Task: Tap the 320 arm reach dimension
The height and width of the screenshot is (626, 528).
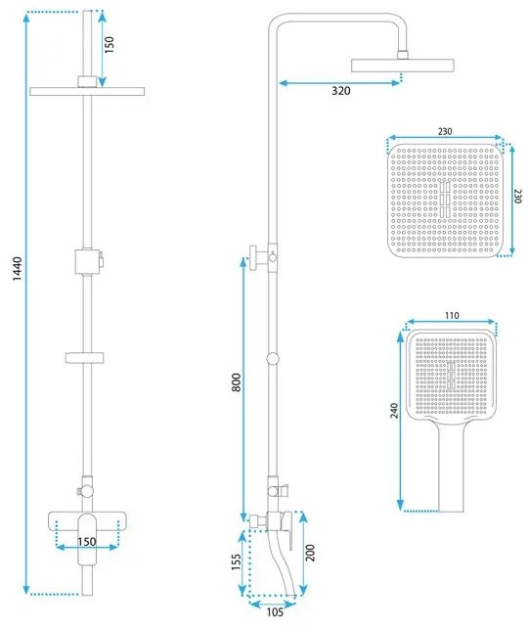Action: (340, 91)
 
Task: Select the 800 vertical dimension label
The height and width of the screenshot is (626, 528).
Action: (236, 384)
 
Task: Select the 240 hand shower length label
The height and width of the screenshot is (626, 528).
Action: (394, 410)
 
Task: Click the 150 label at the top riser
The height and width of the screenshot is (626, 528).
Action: (110, 45)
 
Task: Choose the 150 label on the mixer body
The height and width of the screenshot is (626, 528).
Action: (87, 542)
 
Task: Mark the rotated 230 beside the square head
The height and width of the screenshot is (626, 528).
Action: (518, 195)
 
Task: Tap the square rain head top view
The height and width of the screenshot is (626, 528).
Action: (448, 201)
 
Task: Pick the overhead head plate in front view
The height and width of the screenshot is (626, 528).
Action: (87, 91)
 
